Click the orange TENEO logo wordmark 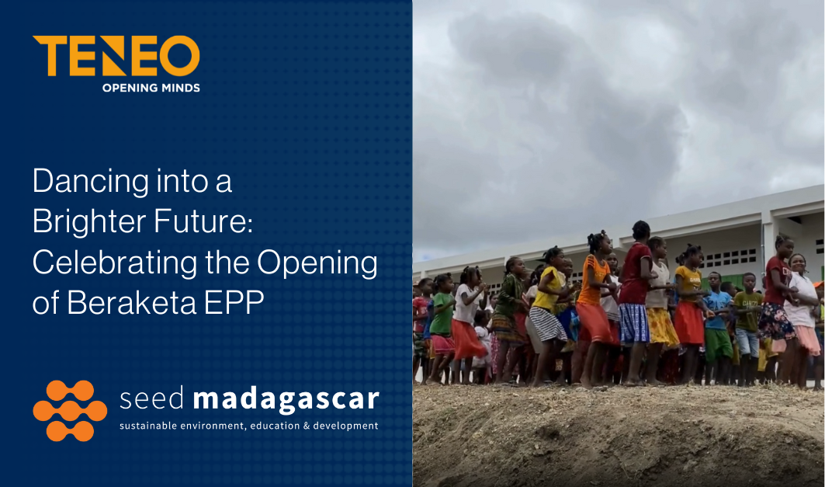pyautogui.click(x=116, y=56)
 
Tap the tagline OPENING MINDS pyautogui.click(x=151, y=88)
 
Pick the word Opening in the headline pyautogui.click(x=317, y=263)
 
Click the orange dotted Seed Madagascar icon pyautogui.click(x=70, y=411)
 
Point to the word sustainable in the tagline pyautogui.click(x=148, y=426)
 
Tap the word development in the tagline pyautogui.click(x=345, y=426)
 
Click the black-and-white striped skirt pyautogui.click(x=547, y=323)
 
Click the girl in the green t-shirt pyautogui.click(x=441, y=326)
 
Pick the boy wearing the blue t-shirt pyautogui.click(x=717, y=326)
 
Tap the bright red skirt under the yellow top pyautogui.click(x=688, y=323)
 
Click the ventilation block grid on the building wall pyautogui.click(x=731, y=258)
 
